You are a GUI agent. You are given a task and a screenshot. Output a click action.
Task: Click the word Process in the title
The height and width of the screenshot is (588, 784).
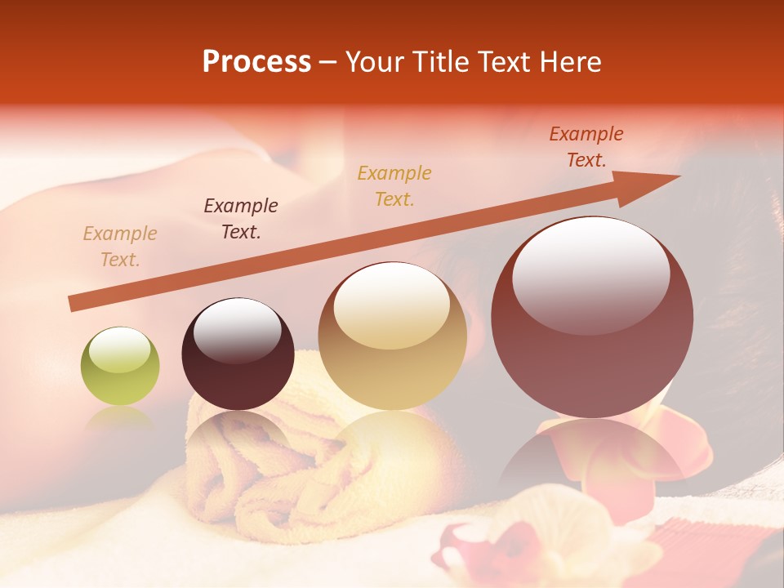coord(256,62)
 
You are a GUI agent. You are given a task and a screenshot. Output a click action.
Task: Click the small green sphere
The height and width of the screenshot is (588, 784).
coord(120,367)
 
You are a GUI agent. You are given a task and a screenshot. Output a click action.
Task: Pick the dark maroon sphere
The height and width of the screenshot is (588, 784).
coord(238,354)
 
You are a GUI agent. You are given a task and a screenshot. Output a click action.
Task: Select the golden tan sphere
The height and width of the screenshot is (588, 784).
coord(392,336)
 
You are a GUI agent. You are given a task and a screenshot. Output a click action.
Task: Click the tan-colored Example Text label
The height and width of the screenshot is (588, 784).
coord(120,247)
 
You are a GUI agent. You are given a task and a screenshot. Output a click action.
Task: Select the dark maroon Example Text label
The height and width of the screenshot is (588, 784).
coord(240,219)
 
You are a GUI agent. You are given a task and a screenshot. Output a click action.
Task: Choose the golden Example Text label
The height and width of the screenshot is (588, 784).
coord(394,185)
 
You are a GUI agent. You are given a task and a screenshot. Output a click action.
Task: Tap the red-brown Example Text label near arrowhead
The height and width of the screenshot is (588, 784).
coord(586,147)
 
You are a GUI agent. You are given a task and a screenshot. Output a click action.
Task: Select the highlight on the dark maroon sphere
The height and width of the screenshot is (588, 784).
coord(237,331)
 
